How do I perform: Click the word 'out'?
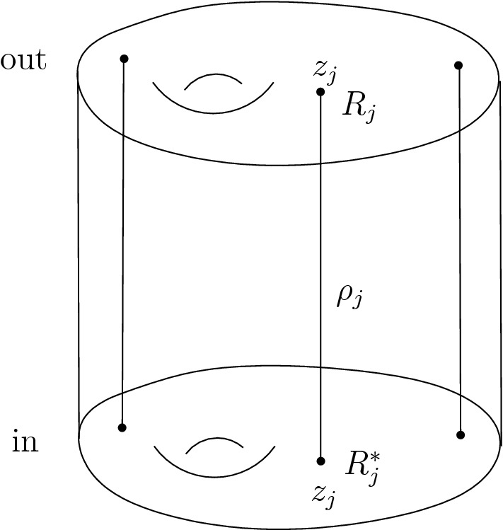23,61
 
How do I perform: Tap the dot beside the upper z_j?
320,92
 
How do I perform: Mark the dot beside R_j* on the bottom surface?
321,461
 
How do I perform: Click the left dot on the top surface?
124,58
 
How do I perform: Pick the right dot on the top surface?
458,65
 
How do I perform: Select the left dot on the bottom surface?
122,427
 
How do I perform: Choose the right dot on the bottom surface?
461,434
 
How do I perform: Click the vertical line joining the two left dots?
123,241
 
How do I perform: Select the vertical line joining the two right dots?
460,248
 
